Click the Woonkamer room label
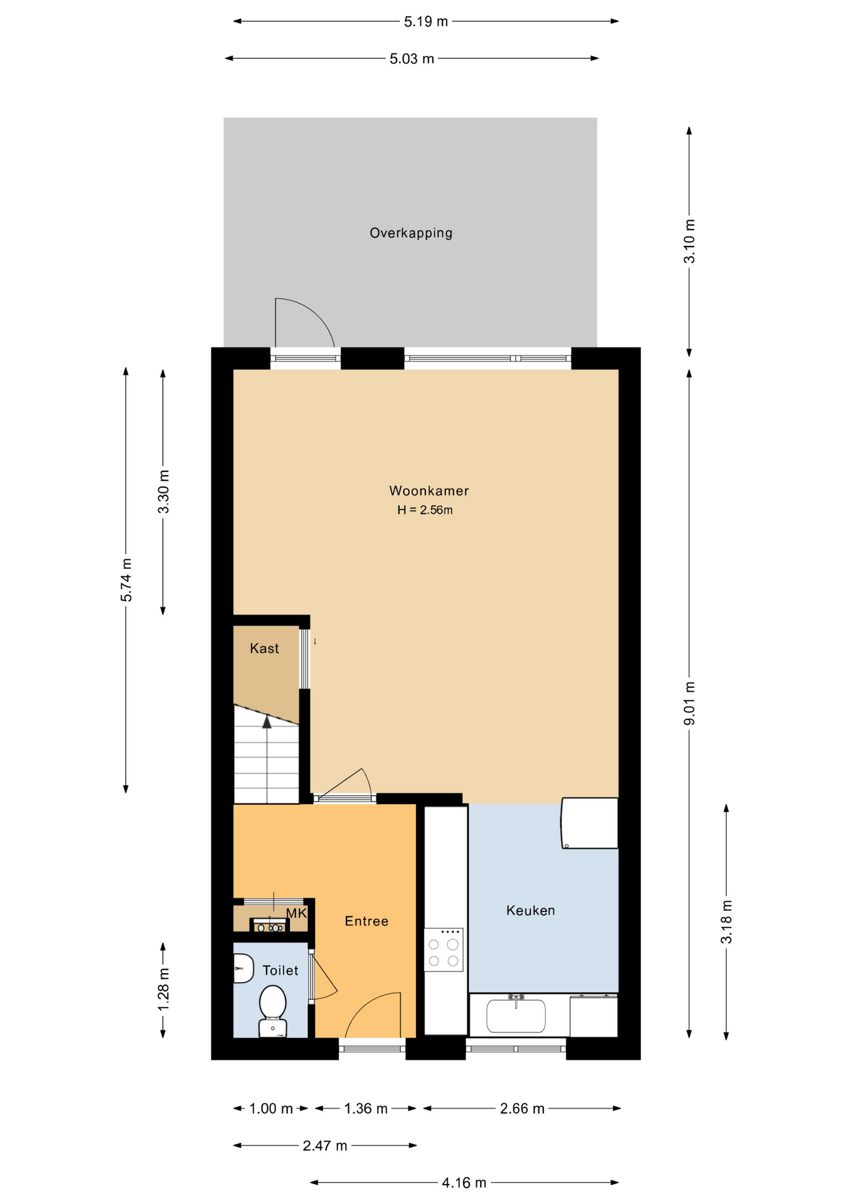tap(429, 491)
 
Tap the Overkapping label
tap(411, 233)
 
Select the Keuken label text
tap(530, 911)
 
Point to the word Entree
tap(366, 921)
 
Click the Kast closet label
tap(264, 648)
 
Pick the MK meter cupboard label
tap(296, 913)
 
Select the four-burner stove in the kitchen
tap(444, 949)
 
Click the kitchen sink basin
tap(516, 1015)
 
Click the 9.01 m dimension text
tap(690, 704)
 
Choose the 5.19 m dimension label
tap(426, 22)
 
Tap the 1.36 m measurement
tap(366, 1109)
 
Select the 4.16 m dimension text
tap(464, 1183)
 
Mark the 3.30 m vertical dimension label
tap(163, 492)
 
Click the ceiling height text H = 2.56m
tap(425, 510)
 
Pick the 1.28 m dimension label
tap(163, 989)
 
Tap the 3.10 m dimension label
tap(690, 241)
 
